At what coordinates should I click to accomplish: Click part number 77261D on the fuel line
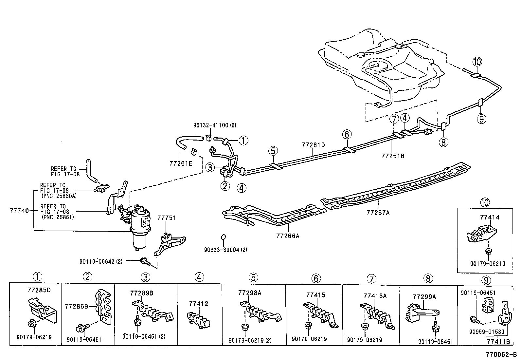coord(313,144)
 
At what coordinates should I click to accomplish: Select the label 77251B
coord(393,156)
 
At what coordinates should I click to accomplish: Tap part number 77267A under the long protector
coord(378,213)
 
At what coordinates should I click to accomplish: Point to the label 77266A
coord(288,236)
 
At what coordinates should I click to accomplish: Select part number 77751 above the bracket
coord(167,218)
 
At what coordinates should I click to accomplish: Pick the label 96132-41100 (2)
coord(214,125)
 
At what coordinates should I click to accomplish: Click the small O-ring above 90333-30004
coord(223,237)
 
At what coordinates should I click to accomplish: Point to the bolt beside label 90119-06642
coord(144,261)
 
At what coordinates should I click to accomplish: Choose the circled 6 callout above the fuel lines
coord(347,134)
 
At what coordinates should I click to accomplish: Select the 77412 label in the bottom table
coord(198,304)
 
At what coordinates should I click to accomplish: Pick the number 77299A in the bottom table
coord(424,297)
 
